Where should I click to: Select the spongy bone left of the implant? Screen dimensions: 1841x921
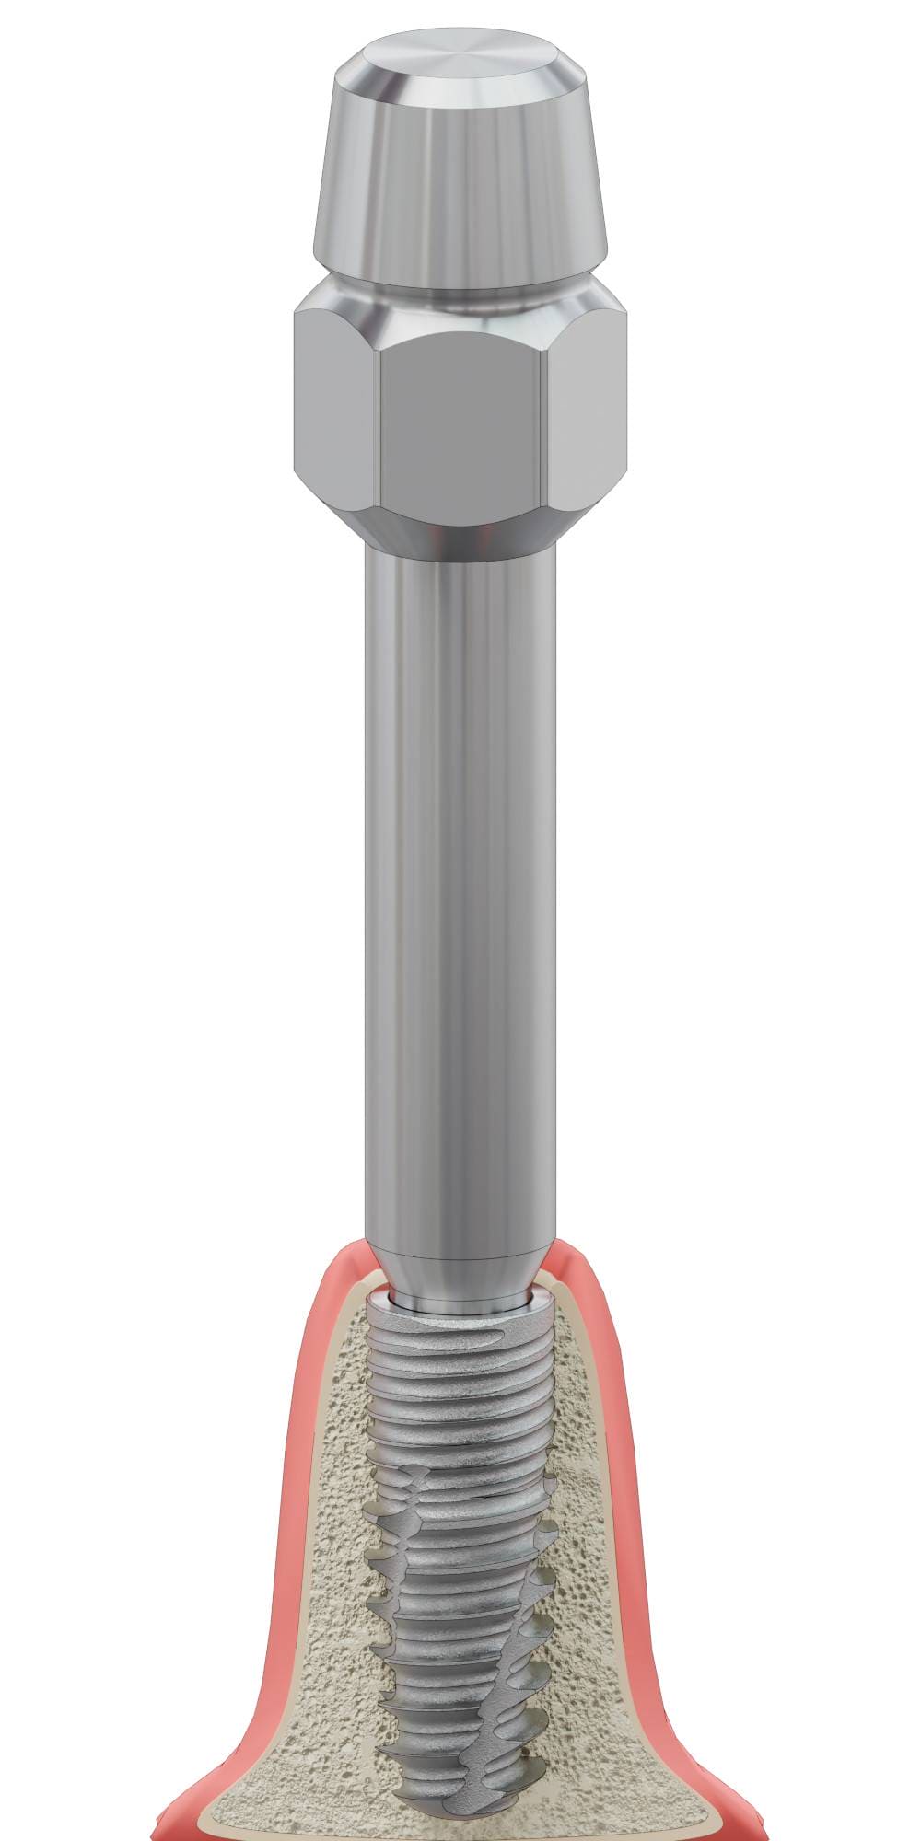[341, 1611]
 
